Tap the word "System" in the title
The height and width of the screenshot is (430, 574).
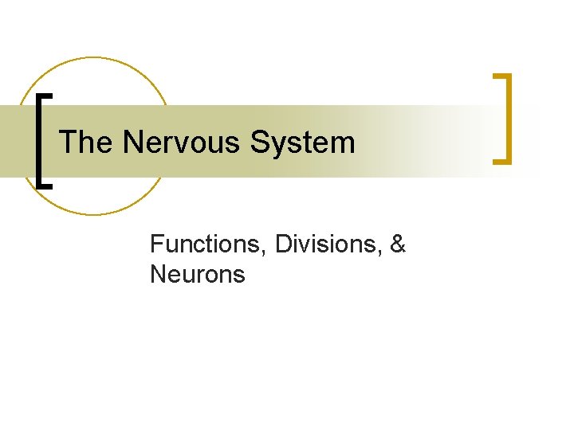point(302,143)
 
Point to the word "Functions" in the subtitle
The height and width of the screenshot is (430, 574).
point(209,244)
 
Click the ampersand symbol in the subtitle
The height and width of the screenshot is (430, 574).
point(398,244)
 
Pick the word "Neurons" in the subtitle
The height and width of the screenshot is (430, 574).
point(197,275)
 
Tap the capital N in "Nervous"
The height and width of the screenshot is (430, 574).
point(132,143)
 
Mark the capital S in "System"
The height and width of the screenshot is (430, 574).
point(260,143)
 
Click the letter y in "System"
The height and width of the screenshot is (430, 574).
point(280,147)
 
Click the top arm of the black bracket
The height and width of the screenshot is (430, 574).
point(45,95)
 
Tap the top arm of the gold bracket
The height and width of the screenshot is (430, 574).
point(501,76)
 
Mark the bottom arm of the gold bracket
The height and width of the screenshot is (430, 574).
point(501,162)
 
